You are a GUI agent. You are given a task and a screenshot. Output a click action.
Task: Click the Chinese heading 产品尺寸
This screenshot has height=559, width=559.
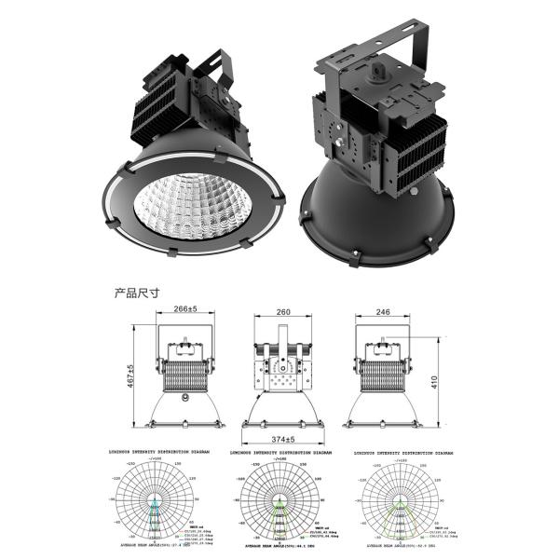click(x=137, y=293)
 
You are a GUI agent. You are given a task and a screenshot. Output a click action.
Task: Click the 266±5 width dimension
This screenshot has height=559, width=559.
click(x=179, y=308)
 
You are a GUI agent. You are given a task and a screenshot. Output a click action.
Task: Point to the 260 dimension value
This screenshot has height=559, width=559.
click(x=282, y=313)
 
